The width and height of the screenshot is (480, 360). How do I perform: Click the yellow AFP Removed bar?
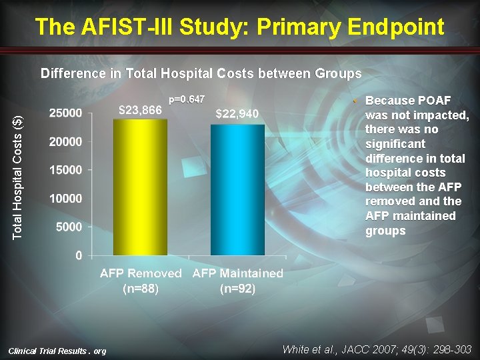tap(140, 188)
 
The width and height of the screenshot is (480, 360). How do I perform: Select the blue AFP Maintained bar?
tap(237, 190)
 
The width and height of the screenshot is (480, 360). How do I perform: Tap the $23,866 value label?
tap(140, 110)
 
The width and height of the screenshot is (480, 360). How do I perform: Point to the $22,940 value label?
tap(237, 114)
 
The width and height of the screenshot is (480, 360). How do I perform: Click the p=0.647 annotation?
tap(187, 99)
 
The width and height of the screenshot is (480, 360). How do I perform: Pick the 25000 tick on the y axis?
tap(66, 113)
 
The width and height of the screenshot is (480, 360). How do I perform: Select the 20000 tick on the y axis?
tap(66, 141)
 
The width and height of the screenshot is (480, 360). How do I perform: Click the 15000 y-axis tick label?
tap(66, 170)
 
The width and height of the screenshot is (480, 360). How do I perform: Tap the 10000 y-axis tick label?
tap(66, 199)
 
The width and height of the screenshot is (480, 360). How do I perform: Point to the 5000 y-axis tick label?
tap(69, 227)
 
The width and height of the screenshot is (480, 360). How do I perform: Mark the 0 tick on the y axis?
tap(79, 255)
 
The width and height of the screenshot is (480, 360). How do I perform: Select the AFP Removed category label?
tap(141, 273)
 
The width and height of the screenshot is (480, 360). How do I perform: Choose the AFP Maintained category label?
tap(238, 273)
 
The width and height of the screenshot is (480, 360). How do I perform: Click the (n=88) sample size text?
tap(141, 289)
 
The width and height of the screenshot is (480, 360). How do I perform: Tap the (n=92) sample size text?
tap(238, 289)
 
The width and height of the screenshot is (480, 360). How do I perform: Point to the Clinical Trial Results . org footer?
tap(57, 351)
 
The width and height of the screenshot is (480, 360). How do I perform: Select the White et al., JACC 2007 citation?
tap(377, 349)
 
